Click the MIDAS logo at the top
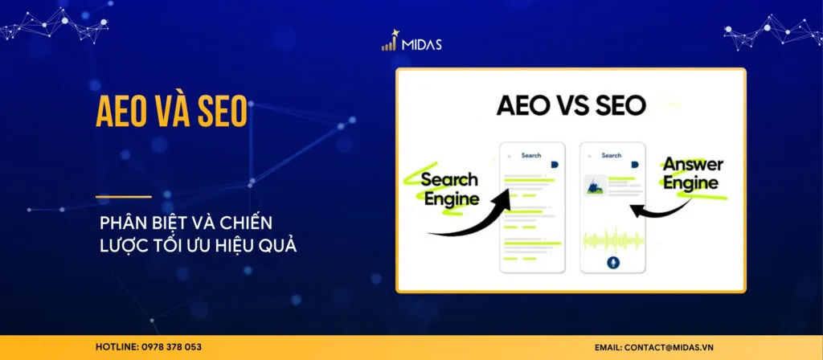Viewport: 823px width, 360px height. pyautogui.click(x=411, y=43)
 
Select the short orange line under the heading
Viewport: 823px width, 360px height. pyautogui.click(x=123, y=196)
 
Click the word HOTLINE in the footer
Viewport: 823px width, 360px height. pyautogui.click(x=113, y=346)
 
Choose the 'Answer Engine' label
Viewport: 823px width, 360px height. pyautogui.click(x=691, y=174)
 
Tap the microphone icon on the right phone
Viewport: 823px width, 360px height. pyautogui.click(x=612, y=264)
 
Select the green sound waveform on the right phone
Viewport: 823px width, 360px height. pyautogui.click(x=612, y=239)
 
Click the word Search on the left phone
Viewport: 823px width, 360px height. pyautogui.click(x=531, y=155)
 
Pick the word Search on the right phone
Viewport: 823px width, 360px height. pyautogui.click(x=612, y=155)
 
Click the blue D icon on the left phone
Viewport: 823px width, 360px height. pyautogui.click(x=555, y=165)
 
